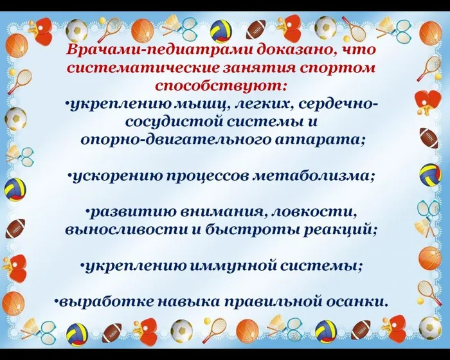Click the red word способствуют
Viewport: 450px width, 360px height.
pos(221,85)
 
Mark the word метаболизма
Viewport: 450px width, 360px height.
pos(314,175)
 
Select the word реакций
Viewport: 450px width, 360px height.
pos(339,228)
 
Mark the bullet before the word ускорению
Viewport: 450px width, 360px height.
pos(71,175)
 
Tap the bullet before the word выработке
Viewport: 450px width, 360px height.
pos(57,300)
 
